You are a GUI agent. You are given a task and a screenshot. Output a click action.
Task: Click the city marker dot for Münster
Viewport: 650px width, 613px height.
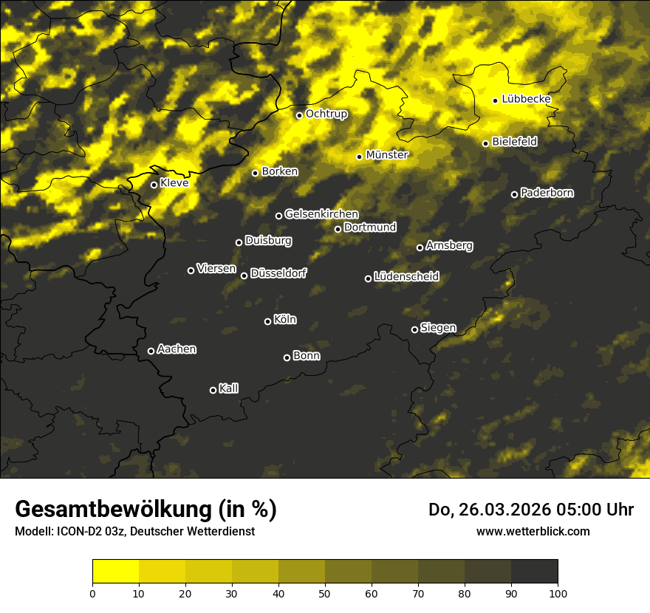coord(360,157)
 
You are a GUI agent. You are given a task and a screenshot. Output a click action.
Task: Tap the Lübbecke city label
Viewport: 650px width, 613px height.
coord(526,99)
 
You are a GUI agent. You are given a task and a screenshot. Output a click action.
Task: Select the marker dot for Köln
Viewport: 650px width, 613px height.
coord(267,321)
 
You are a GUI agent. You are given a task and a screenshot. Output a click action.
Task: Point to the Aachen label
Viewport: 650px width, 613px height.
coord(177,349)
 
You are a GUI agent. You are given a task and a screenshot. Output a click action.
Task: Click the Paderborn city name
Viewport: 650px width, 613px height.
coord(547,193)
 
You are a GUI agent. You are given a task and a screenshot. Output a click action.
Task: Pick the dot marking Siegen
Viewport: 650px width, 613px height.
coord(414,329)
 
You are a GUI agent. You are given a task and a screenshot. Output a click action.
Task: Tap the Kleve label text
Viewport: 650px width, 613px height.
coord(174,182)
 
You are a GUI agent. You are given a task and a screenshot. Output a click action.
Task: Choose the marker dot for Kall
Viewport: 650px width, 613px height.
coord(213,390)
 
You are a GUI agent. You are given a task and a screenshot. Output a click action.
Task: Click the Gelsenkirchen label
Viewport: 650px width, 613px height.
coord(321,214)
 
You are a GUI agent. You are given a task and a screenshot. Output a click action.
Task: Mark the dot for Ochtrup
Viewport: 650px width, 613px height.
coord(299,115)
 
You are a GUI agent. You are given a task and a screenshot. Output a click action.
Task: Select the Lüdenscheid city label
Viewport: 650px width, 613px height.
coord(406,277)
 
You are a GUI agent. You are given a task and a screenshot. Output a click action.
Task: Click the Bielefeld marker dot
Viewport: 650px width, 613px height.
coord(485,143)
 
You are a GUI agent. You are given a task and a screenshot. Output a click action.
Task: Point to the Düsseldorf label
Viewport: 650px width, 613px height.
coord(278,274)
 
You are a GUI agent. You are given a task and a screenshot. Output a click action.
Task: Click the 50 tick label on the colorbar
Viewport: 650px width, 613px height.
coord(325,592)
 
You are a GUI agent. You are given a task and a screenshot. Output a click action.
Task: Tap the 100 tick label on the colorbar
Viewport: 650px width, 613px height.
coord(558,592)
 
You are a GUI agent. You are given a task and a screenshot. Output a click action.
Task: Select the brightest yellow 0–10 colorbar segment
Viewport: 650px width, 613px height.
coord(115,571)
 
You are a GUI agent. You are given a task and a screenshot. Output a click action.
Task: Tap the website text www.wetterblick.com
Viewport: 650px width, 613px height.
coord(533,531)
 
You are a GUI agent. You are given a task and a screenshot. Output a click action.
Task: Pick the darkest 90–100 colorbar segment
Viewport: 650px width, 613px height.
coord(534,571)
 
